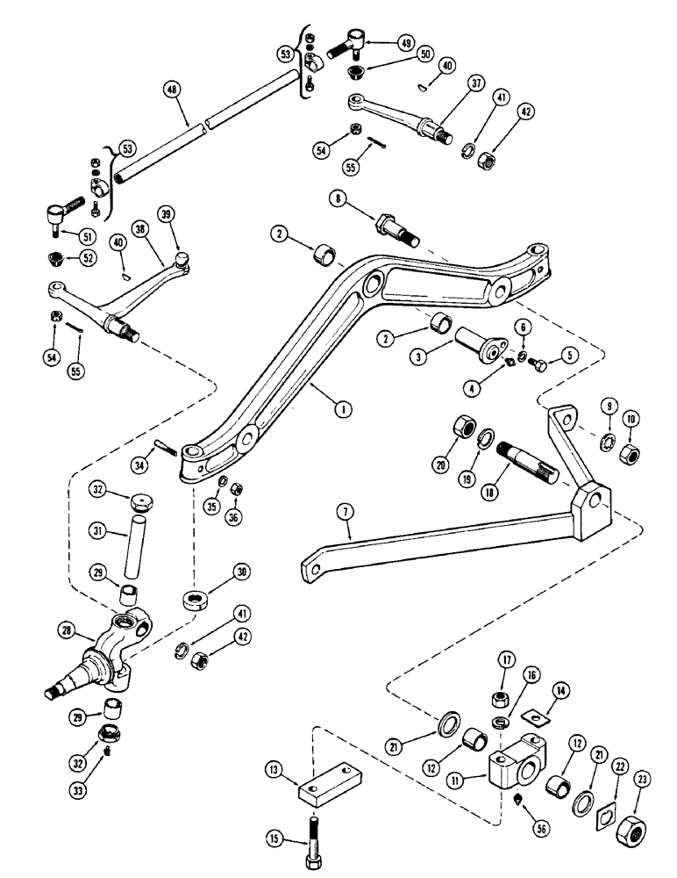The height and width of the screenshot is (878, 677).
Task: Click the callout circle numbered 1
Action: [342, 407]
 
